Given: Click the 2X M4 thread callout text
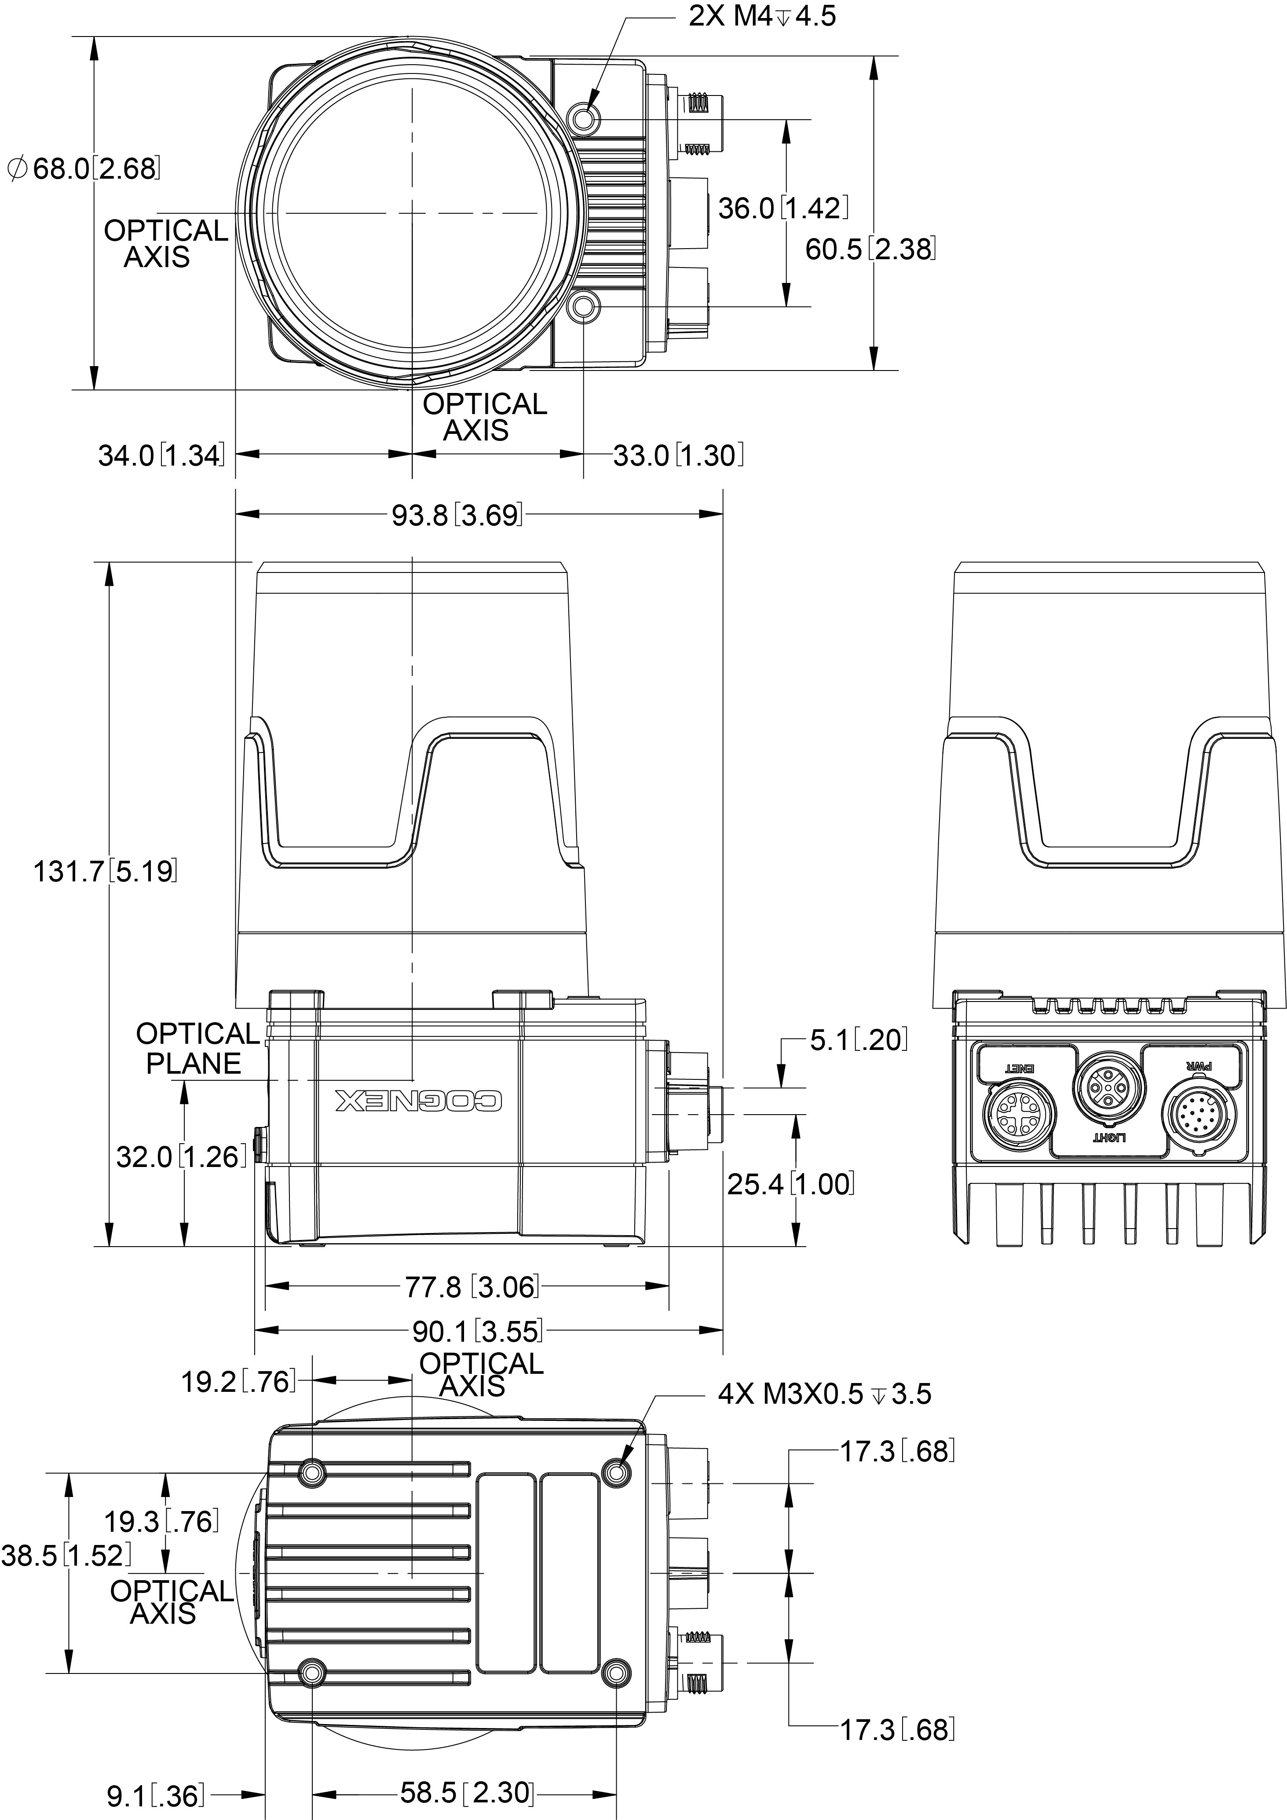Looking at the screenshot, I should pyautogui.click(x=761, y=16).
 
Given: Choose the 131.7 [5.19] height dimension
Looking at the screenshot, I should pyautogui.click(x=105, y=871).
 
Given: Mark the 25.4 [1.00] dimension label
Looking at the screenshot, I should pyautogui.click(x=790, y=1184).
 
